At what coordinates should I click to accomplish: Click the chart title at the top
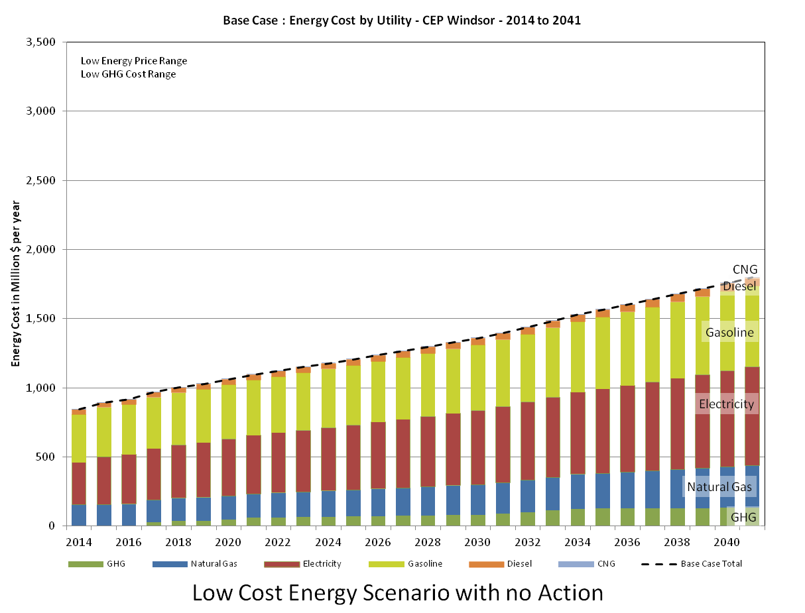[x=401, y=20]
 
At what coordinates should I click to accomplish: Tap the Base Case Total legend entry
[x=691, y=564]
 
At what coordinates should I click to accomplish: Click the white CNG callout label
[x=744, y=269]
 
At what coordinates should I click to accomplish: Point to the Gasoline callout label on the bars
[x=729, y=333]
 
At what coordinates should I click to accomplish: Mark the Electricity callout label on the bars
[x=727, y=404]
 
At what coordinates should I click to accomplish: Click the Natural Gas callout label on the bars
[x=721, y=487]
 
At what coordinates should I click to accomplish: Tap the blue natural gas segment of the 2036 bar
[x=627, y=489]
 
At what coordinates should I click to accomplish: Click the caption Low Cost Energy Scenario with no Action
[x=398, y=592]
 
